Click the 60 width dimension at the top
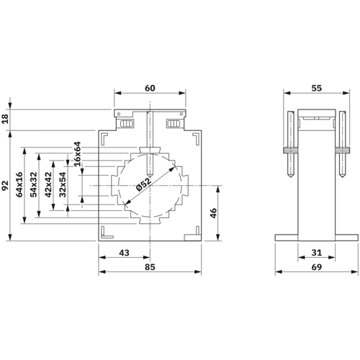tap(150, 88)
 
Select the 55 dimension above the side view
tap(316, 88)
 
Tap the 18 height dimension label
tap(5, 119)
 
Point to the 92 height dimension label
tap(5, 186)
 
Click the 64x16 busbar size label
tap(19, 184)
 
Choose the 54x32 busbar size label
tap(34, 184)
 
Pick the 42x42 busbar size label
tap(48, 184)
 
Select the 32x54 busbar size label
tap(63, 184)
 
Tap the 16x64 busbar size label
tap(77, 154)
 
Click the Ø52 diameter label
tap(143, 184)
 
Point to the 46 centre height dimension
tap(213, 213)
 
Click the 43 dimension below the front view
tap(124, 253)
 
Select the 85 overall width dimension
tap(150, 267)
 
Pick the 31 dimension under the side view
tap(316, 253)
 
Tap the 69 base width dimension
tap(316, 267)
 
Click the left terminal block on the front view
tap(127, 123)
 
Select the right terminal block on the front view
tap(173, 123)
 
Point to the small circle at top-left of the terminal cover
tap(118, 114)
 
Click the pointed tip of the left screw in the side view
tap(290, 177)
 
